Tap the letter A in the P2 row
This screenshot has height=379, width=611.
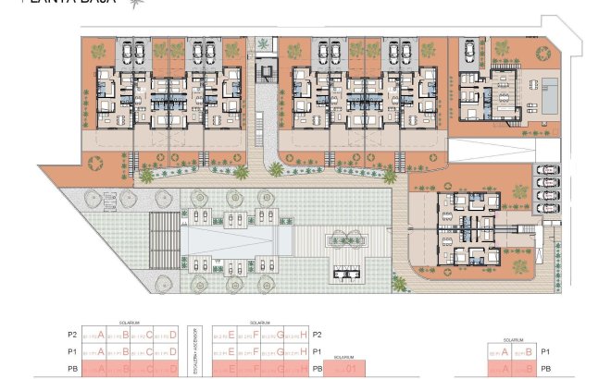pos(101,334)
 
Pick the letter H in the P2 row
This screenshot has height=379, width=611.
pos(305,334)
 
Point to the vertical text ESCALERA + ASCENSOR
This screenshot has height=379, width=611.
pos(195,351)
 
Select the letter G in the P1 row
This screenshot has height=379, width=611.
pos(280,351)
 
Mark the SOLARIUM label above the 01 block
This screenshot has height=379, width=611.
pos(343,356)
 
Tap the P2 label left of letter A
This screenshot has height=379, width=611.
pos(72,335)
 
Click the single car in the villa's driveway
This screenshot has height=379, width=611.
pos(470,50)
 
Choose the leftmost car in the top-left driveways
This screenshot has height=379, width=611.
pos(123,52)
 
